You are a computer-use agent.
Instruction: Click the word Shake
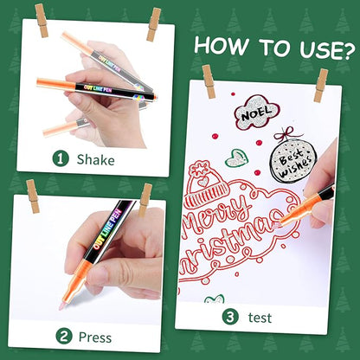95,160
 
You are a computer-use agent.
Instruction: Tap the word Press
95,337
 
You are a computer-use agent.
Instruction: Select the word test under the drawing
260,318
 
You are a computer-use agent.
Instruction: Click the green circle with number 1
61,159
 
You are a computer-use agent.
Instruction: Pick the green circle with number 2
64,336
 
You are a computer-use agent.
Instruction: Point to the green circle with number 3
230,317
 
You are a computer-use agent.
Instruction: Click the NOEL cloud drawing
256,112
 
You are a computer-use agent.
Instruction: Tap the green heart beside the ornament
236,158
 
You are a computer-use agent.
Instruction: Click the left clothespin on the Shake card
42,21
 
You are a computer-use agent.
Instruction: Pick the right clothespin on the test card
321,86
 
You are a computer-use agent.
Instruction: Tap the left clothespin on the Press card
33,196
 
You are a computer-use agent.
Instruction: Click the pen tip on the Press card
62,306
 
